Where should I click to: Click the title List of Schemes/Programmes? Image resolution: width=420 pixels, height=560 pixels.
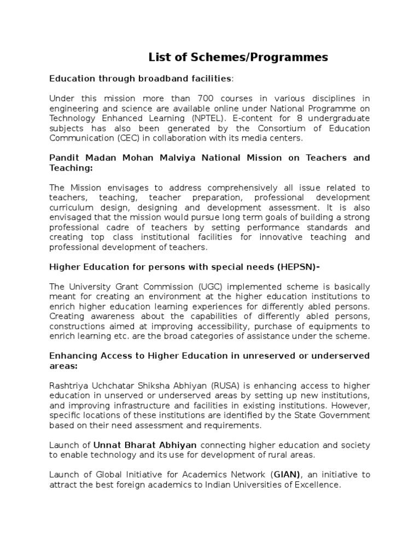(x=238, y=57)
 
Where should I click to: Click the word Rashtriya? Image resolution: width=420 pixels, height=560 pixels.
(x=67, y=375)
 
